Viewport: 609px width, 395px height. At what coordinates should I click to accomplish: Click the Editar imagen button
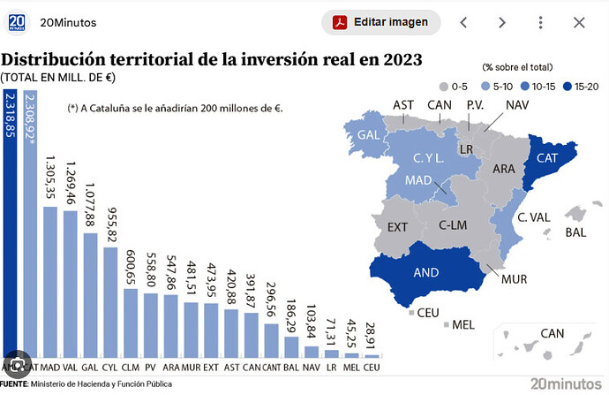tap(380, 22)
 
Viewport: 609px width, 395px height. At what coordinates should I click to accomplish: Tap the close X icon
tap(579, 22)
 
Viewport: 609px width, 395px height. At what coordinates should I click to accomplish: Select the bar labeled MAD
tap(50, 283)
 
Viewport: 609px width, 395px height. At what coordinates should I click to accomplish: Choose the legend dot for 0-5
tap(444, 86)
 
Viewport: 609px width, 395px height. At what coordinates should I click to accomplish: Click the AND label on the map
tap(426, 272)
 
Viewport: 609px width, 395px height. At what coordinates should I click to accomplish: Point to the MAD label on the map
tap(417, 180)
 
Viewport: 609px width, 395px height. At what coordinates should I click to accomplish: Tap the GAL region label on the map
tap(369, 135)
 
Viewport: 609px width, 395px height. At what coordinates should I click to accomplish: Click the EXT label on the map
tap(398, 227)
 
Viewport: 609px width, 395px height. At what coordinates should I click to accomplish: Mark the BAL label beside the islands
tap(575, 232)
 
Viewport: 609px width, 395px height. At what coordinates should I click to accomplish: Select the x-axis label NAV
tap(311, 366)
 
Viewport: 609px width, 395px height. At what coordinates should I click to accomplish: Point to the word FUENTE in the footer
tap(14, 384)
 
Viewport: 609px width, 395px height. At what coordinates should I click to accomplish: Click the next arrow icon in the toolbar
tap(501, 22)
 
